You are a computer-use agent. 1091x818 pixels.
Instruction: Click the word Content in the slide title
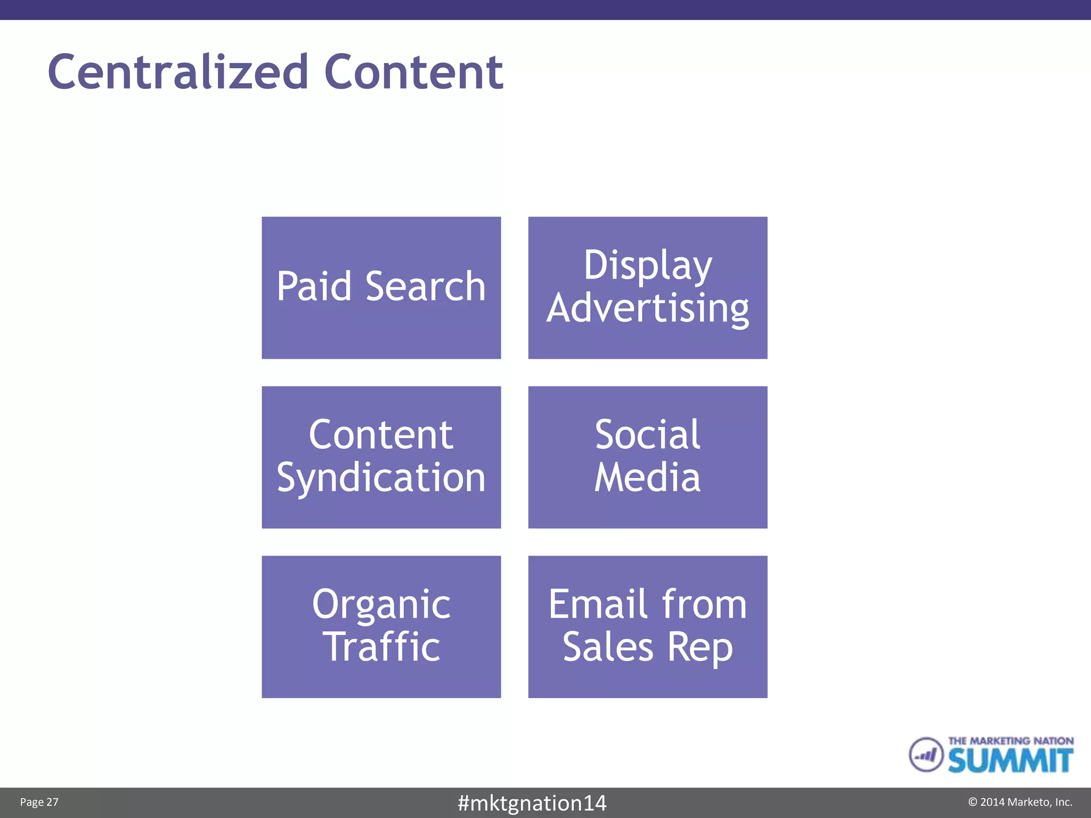pyautogui.click(x=413, y=72)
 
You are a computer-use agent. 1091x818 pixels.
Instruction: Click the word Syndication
pyautogui.click(x=381, y=477)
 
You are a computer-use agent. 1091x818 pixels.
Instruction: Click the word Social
pyautogui.click(x=647, y=435)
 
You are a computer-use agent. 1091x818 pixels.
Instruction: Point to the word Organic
pyautogui.click(x=381, y=604)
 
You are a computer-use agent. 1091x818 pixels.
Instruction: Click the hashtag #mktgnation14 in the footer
pyautogui.click(x=532, y=803)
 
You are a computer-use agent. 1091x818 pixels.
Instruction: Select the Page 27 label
pyautogui.click(x=39, y=802)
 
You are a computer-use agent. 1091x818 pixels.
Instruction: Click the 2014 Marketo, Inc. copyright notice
pyautogui.click(x=1020, y=802)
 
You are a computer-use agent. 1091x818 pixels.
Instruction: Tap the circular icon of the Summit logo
pyautogui.click(x=926, y=754)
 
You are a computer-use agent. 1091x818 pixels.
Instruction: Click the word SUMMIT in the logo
pyautogui.click(x=1010, y=760)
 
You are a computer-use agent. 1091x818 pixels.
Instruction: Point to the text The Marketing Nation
pyautogui.click(x=1010, y=741)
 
